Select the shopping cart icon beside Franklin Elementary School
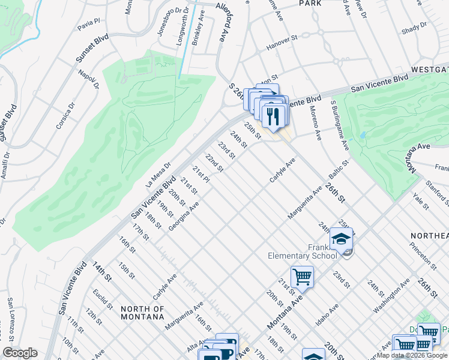[302, 277]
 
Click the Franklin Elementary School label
[302, 250]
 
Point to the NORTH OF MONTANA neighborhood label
[142, 313]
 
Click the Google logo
[20, 353]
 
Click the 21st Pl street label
[201, 174]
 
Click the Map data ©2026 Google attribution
[412, 355]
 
